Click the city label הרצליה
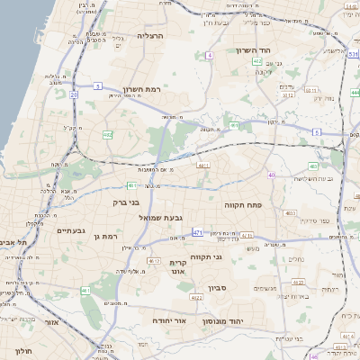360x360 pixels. [x=148, y=35]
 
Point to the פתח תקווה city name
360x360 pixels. [x=243, y=205]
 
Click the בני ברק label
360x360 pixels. [x=126, y=202]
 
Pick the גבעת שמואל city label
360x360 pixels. [x=160, y=218]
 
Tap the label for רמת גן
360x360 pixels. [x=105, y=236]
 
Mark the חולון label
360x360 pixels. [x=25, y=351]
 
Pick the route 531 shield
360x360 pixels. [x=353, y=55]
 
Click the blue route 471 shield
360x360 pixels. [x=197, y=232]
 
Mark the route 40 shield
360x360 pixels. [x=271, y=175]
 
